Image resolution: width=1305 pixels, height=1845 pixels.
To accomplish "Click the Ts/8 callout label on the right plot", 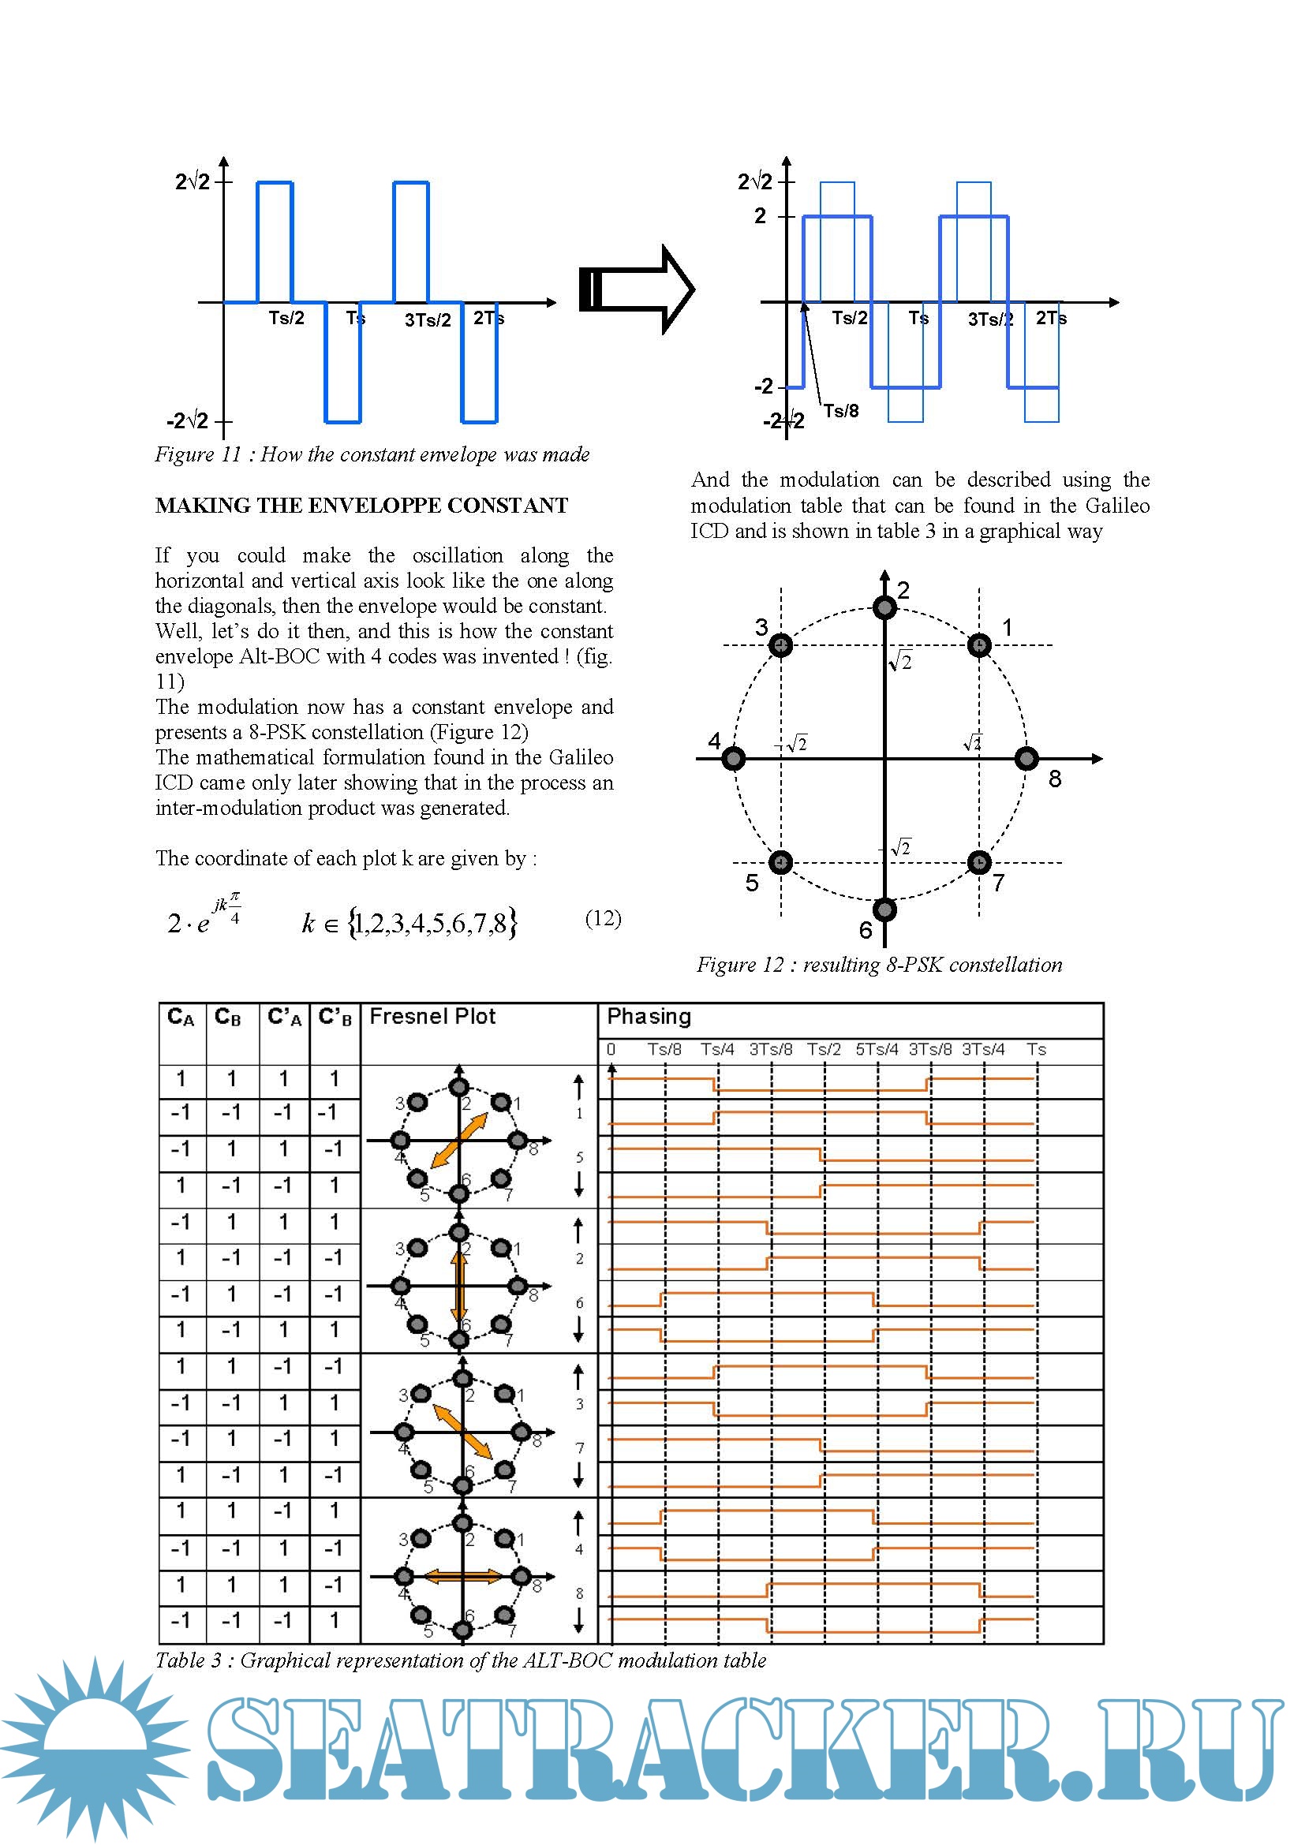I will tap(841, 412).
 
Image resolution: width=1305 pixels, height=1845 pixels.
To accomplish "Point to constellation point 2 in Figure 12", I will tap(884, 607).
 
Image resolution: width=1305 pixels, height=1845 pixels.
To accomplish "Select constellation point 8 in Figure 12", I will tap(1026, 759).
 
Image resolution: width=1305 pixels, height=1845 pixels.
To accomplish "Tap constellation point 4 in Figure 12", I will tap(733, 759).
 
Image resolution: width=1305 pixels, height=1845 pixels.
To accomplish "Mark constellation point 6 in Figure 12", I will tap(884, 909).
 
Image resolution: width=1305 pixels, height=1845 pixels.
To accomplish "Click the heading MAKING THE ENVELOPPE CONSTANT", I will tap(361, 506).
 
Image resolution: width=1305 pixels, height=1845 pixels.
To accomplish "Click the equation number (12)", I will tap(603, 918).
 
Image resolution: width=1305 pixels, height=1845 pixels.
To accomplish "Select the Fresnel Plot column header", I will tap(432, 1017).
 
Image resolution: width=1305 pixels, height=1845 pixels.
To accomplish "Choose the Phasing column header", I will tap(649, 1017).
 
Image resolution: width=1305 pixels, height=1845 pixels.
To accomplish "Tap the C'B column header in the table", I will tap(335, 1018).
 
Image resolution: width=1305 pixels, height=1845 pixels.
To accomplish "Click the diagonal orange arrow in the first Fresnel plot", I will tap(460, 1140).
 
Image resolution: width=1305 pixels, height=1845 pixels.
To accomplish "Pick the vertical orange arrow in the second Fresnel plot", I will tap(459, 1286).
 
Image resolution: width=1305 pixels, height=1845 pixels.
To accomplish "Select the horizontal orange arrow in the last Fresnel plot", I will tap(463, 1577).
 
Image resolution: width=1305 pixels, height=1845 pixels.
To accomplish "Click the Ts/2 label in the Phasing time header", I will tap(824, 1049).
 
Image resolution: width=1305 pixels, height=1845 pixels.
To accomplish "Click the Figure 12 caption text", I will tap(879, 964).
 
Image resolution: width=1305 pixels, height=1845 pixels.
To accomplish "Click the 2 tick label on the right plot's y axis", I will tap(760, 215).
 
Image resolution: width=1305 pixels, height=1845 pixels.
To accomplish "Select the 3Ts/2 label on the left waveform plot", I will tap(428, 319).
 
